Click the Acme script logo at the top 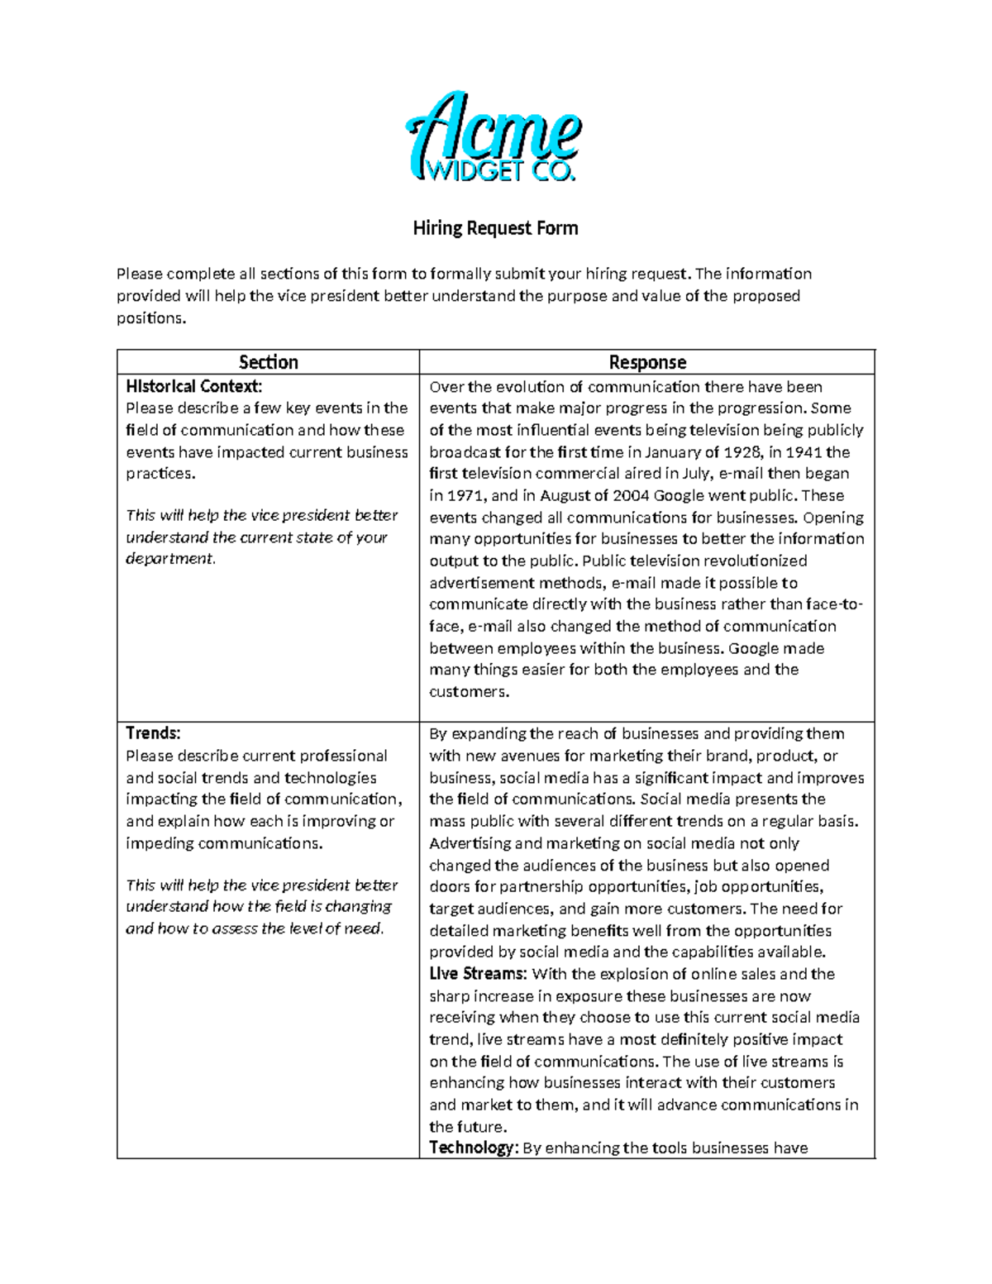494,131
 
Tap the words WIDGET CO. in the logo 499,171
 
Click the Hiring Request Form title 495,228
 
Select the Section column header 268,362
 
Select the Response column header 647,362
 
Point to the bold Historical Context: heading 193,386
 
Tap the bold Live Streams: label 478,974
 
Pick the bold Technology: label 473,1148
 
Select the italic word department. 169,559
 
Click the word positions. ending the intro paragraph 151,318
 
